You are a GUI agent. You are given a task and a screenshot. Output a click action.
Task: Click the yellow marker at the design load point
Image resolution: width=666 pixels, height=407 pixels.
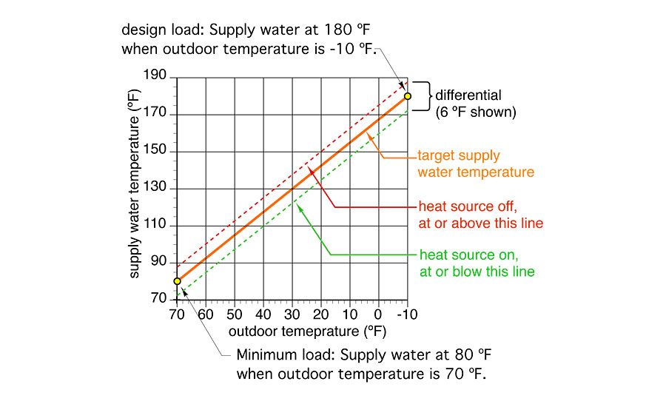[407, 95]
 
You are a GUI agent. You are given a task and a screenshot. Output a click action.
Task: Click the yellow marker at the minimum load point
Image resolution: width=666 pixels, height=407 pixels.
[177, 281]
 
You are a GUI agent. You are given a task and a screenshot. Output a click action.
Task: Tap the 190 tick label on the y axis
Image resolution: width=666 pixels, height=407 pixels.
[158, 78]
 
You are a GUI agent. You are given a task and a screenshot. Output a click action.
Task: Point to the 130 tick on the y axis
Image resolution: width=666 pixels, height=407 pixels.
[158, 189]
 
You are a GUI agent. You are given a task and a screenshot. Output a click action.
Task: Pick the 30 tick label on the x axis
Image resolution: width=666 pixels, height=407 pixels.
[292, 314]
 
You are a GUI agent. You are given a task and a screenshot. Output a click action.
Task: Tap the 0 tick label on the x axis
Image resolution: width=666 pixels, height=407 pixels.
[378, 314]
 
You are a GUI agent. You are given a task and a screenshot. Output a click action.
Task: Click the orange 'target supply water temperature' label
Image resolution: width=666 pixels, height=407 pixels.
[475, 164]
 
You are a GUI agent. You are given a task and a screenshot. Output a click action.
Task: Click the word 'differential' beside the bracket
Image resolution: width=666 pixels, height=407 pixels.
[468, 95]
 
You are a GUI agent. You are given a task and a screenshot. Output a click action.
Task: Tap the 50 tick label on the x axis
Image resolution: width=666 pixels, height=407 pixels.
[234, 314]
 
